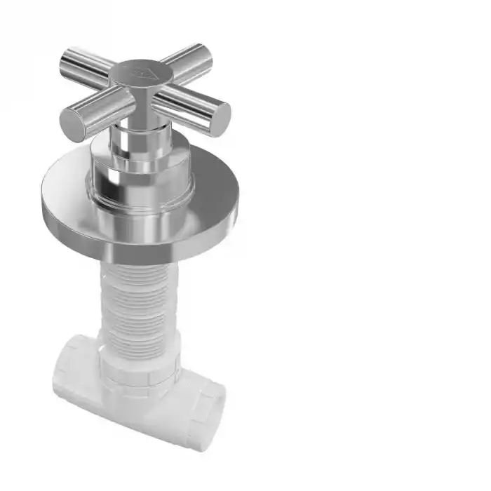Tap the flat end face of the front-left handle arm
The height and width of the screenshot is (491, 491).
72,125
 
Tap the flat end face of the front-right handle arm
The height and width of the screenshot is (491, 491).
220,118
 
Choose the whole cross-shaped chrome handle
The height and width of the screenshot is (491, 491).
144,88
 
